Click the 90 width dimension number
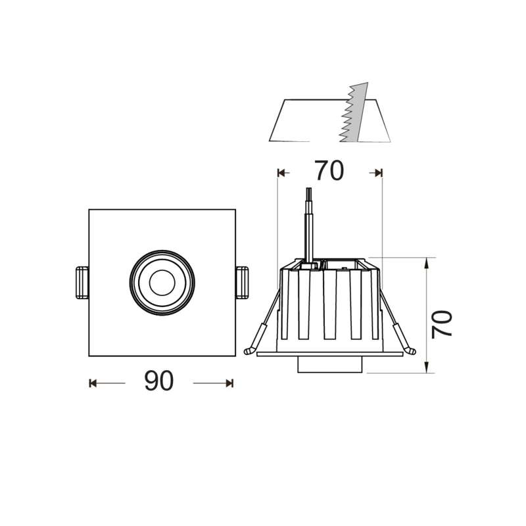click(x=158, y=382)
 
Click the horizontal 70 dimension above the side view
click(x=329, y=172)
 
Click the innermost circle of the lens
click(x=160, y=283)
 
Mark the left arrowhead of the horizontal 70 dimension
click(x=281, y=172)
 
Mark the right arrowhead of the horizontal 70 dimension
click(x=378, y=172)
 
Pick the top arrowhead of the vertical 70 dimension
click(x=427, y=262)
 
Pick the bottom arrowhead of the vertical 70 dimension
click(x=427, y=368)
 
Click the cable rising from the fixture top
click(x=308, y=224)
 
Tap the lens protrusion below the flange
click(x=329, y=365)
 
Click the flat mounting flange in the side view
click(x=329, y=354)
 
